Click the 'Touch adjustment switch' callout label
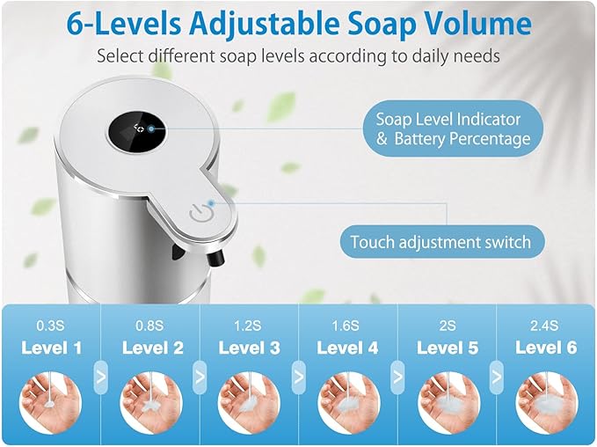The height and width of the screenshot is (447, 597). click(x=440, y=241)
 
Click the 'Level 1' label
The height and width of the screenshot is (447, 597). click(x=51, y=348)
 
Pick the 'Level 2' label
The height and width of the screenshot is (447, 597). click(x=153, y=348)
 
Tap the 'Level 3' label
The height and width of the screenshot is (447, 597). click(x=250, y=348)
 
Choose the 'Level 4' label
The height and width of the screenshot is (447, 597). click(x=347, y=348)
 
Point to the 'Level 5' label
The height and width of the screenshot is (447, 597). click(x=448, y=348)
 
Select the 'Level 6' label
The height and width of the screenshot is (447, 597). click(x=546, y=348)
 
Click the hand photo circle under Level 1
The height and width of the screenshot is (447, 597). click(x=52, y=402)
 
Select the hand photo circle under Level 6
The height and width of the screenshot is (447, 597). click(x=546, y=402)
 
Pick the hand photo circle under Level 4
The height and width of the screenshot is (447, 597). click(x=348, y=402)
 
